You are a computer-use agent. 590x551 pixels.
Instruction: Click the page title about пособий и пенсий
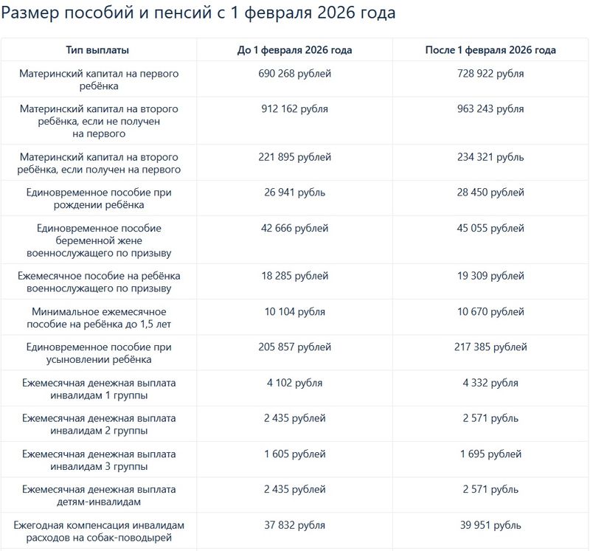click(x=198, y=13)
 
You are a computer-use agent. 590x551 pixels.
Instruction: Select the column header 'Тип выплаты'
click(x=98, y=50)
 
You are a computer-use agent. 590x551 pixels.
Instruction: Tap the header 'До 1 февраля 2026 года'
click(x=294, y=50)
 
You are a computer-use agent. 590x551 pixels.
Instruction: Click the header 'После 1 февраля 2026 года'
click(x=490, y=50)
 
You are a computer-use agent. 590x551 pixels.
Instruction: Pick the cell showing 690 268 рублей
click(x=294, y=74)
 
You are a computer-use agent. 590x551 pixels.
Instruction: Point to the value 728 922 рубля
click(x=490, y=74)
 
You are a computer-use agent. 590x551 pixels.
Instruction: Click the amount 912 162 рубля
click(x=294, y=108)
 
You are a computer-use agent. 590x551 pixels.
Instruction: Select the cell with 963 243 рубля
click(x=490, y=108)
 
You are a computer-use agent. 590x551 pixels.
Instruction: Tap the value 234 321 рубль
click(x=490, y=157)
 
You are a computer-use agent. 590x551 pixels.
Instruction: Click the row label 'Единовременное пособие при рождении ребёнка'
click(x=98, y=198)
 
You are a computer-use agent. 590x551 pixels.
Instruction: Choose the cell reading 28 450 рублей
click(x=490, y=193)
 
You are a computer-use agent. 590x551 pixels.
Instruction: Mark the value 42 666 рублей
click(x=294, y=228)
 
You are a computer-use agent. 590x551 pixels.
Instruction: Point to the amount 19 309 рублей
click(x=490, y=276)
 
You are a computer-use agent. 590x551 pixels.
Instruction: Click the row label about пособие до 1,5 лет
click(x=98, y=318)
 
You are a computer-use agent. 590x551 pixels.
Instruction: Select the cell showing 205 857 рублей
click(x=294, y=347)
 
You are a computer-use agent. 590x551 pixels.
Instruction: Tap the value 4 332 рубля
click(x=490, y=383)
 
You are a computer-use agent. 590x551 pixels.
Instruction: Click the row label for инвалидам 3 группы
click(x=98, y=460)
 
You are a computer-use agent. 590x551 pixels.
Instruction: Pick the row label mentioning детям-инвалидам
click(x=98, y=496)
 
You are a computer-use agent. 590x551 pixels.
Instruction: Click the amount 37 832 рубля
click(x=294, y=525)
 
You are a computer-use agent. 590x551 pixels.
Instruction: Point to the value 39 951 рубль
click(x=490, y=525)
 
